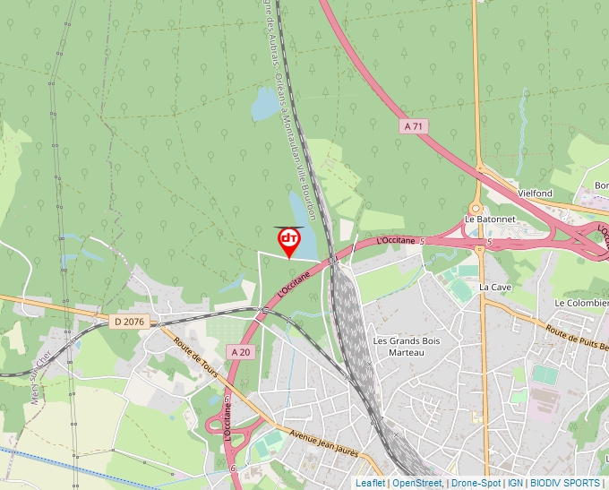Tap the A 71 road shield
click(x=413, y=127)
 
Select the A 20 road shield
click(x=240, y=352)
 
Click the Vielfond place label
click(x=535, y=193)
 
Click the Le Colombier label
click(x=581, y=304)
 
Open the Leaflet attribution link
click(x=370, y=483)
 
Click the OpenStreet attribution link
click(x=416, y=483)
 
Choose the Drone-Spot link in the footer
click(x=476, y=483)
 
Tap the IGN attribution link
click(x=515, y=483)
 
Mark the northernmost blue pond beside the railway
click(x=265, y=105)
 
